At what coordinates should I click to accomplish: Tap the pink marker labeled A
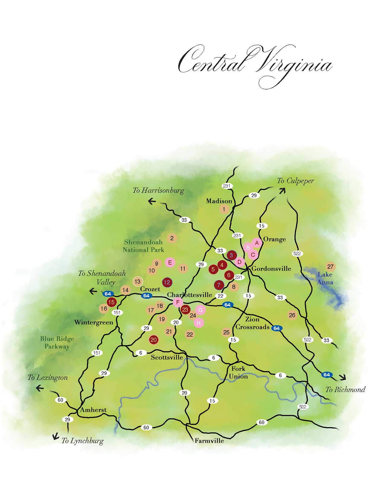coord(257,243)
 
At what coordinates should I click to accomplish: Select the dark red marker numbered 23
coord(185,309)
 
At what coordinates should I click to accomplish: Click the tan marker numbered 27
coord(331,267)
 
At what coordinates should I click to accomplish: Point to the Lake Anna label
coord(325,278)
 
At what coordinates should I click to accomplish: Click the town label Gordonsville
coord(271,269)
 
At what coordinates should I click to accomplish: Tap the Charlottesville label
coord(190,295)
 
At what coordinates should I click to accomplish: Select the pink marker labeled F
coord(178,302)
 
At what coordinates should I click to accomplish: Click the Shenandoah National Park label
coord(143,246)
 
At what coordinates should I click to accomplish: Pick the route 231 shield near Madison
coord(227,186)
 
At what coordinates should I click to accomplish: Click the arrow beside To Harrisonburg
coord(152,201)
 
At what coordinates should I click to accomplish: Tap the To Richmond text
coord(345,390)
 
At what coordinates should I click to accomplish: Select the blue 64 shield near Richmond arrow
coord(327,375)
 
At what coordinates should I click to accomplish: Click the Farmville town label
coord(209,441)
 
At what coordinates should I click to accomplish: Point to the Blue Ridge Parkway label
coord(57,343)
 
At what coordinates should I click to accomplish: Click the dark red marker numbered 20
coord(154,340)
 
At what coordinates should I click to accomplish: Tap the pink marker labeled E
coord(170,262)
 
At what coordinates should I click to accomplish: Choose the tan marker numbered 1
coord(224,209)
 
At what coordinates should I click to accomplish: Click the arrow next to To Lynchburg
coord(55,436)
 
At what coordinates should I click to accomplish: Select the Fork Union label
coord(238,372)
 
